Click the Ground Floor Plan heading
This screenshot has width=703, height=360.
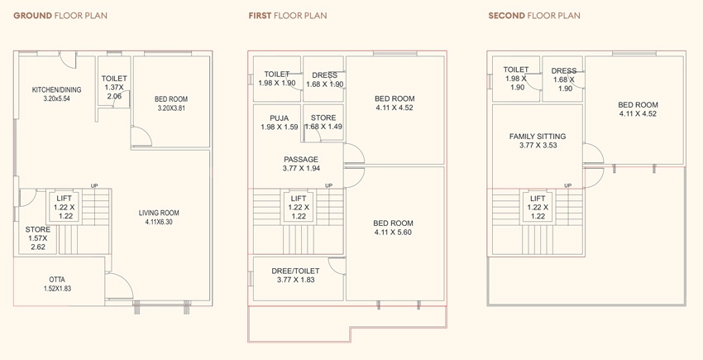coord(60,16)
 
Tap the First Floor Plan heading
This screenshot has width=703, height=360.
coord(288,16)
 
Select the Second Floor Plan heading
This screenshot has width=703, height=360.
coord(534,16)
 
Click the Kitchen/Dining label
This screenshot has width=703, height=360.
coord(56,89)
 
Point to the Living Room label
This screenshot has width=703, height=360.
coord(159,213)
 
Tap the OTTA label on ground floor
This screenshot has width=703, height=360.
coord(57,280)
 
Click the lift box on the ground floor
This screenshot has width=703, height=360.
coord(65,207)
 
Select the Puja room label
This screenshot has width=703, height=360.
coord(280,118)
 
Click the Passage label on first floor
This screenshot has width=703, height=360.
coord(301,160)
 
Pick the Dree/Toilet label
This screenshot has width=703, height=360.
coord(295,271)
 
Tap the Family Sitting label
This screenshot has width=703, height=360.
coord(538,137)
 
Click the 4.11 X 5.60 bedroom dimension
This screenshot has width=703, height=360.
coord(393,232)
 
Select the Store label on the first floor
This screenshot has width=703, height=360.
coord(323,118)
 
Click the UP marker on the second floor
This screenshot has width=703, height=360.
coord(568,186)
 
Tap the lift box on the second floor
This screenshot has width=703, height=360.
coord(538,207)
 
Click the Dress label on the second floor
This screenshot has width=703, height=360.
coord(564,71)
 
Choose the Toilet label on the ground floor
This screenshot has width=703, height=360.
coord(114,79)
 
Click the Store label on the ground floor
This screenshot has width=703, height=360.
coord(38,229)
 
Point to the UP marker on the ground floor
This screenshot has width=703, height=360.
coord(94,186)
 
